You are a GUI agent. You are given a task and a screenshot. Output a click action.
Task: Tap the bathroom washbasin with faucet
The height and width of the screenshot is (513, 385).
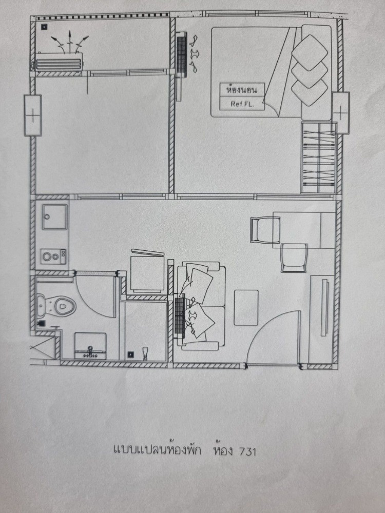point(90,345)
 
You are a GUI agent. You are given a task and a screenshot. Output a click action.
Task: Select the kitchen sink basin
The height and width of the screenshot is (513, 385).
point(55,217)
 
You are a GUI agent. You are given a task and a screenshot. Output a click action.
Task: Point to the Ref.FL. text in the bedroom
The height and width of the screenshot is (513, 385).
point(242,104)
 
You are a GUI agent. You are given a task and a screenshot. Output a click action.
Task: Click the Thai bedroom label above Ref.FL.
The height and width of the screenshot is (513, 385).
point(242,90)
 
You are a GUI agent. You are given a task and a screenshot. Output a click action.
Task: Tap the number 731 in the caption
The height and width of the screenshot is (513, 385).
point(248,451)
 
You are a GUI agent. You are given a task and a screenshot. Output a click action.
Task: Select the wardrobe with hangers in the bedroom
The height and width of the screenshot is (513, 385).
point(319,157)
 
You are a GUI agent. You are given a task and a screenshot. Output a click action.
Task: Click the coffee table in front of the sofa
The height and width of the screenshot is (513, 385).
point(246,307)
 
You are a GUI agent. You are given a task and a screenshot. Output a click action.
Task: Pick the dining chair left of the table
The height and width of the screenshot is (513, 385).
point(265,230)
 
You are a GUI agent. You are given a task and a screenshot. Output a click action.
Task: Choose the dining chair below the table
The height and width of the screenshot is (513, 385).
point(294,258)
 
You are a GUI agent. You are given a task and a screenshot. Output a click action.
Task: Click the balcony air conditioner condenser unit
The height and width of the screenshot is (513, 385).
point(59,62)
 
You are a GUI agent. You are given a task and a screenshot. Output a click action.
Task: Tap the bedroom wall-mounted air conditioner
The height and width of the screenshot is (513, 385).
point(181,55)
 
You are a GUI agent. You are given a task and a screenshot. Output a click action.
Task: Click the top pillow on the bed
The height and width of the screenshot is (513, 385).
point(310,53)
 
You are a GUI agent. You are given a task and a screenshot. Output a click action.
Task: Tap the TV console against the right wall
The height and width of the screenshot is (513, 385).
point(321,319)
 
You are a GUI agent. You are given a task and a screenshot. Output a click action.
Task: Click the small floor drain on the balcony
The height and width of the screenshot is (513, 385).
point(44,27)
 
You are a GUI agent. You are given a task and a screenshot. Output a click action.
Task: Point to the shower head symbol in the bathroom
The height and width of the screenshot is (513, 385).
point(145,353)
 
